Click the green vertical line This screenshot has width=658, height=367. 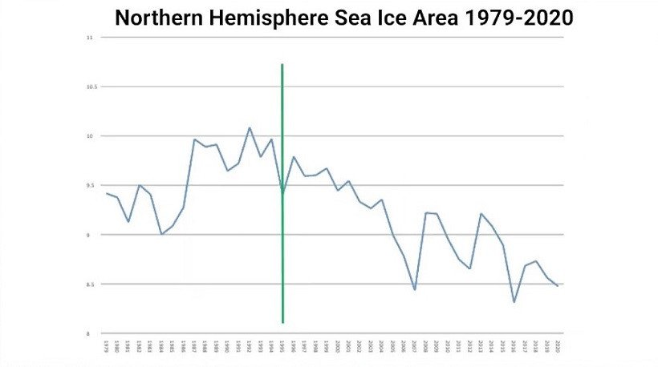click(x=282, y=120)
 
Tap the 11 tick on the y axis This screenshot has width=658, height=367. click(x=90, y=38)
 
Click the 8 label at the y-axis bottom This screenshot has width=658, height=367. click(x=91, y=333)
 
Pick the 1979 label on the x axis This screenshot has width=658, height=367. click(x=107, y=346)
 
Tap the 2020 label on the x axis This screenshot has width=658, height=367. click(x=558, y=346)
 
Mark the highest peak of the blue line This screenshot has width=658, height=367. click(x=250, y=127)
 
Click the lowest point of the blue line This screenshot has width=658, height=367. click(x=514, y=302)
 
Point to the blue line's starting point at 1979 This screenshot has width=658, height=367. click(x=107, y=193)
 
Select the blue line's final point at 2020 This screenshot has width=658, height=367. click(x=558, y=286)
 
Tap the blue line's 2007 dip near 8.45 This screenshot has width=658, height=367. click(x=414, y=289)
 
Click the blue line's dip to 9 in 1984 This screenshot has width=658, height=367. click(x=161, y=234)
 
